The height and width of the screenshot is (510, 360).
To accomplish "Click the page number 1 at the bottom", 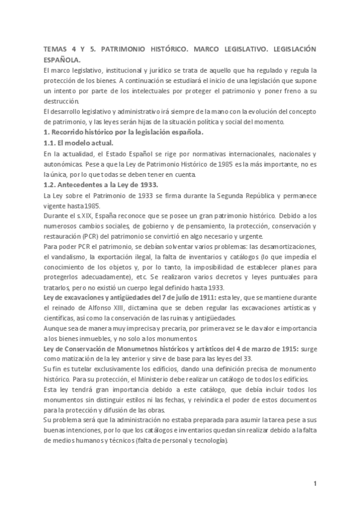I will pos(314,484).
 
